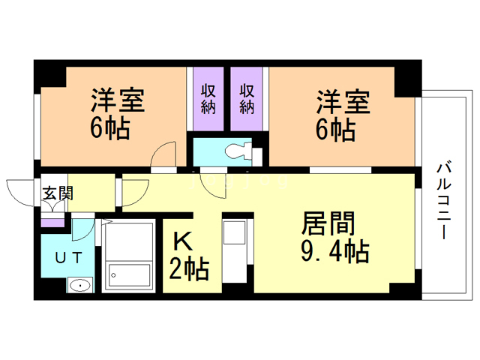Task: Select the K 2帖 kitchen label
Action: tap(187, 255)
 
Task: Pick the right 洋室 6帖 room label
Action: tap(341, 113)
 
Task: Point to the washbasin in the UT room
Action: tap(78, 286)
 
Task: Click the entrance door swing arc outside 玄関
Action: tap(19, 192)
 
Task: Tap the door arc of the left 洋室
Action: tap(163, 156)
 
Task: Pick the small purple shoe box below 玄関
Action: tap(52, 222)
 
